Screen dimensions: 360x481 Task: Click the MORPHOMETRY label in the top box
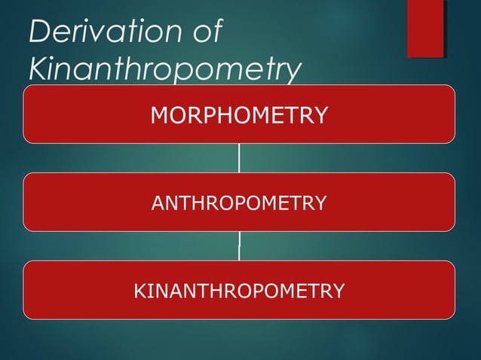(x=239, y=115)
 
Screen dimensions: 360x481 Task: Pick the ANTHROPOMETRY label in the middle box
(x=239, y=203)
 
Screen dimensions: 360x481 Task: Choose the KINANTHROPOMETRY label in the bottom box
(x=239, y=290)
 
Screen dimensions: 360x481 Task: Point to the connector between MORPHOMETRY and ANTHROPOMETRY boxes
(x=239, y=158)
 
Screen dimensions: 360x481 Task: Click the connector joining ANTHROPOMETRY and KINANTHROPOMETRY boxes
(x=239, y=246)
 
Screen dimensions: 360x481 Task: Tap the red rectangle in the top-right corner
(x=425, y=28)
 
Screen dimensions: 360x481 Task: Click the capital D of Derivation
(x=38, y=32)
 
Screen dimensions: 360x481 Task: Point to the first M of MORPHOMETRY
(x=159, y=115)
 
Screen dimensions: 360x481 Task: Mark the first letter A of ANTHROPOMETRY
(x=158, y=203)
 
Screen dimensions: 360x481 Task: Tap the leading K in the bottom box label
(x=139, y=290)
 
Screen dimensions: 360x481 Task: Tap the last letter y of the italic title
(x=291, y=72)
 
